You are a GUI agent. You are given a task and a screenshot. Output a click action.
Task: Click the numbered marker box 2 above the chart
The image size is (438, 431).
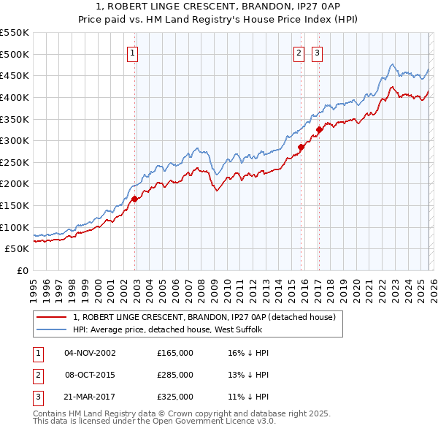point(299,52)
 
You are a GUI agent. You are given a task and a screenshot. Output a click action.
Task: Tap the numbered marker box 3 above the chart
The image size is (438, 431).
point(318,52)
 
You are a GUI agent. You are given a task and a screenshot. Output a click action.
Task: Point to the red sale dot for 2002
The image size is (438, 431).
point(134,198)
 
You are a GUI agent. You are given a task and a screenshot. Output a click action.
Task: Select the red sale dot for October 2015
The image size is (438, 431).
point(301,147)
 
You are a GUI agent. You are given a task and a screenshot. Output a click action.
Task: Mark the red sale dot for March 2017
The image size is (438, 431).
point(319,129)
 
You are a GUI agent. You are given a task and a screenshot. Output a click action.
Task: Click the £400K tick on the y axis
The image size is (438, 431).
point(15,97)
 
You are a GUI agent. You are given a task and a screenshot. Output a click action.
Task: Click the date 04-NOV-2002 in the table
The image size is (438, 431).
point(90,353)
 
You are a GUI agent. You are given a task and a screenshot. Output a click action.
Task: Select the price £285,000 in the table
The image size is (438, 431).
point(175,375)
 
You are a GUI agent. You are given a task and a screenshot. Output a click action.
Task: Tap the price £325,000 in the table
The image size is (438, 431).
point(175,397)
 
